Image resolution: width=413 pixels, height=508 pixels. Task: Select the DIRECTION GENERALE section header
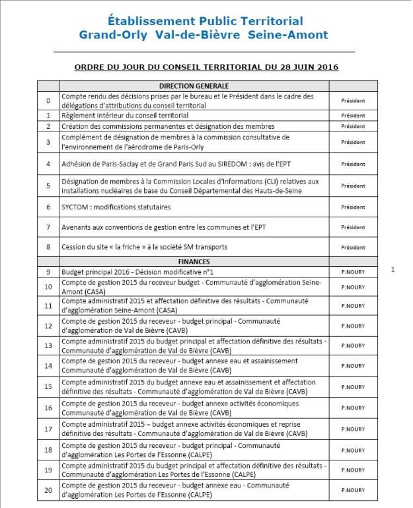click(x=194, y=86)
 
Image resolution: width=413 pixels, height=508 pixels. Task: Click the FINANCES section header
click(x=194, y=262)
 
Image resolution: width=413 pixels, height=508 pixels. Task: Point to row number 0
click(x=48, y=101)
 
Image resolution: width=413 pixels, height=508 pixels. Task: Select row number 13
click(x=48, y=345)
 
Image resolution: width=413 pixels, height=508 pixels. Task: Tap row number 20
click(x=48, y=491)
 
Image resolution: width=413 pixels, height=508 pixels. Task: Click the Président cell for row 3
click(x=353, y=142)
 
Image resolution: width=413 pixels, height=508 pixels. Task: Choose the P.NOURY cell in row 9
click(x=353, y=272)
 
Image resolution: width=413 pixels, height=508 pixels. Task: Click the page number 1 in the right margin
click(x=393, y=270)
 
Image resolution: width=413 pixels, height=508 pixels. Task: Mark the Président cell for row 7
click(x=353, y=228)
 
